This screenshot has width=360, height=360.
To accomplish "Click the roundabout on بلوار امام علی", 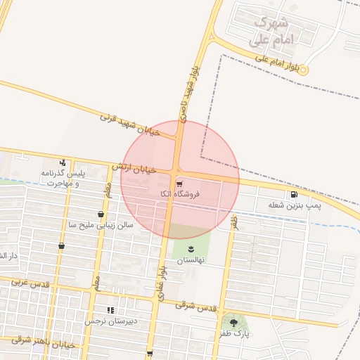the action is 304,70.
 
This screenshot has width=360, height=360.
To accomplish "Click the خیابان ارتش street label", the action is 133,169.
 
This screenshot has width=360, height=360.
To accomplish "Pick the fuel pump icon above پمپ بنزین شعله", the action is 292,194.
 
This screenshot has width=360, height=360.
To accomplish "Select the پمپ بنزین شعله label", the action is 294,205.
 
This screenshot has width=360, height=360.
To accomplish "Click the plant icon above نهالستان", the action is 191,248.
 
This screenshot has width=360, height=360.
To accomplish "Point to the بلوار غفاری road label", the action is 161,281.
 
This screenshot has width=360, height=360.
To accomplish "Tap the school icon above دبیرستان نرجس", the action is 110,310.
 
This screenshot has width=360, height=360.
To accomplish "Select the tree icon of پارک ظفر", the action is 234,323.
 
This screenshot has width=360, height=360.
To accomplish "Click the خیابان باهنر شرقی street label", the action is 42,342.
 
